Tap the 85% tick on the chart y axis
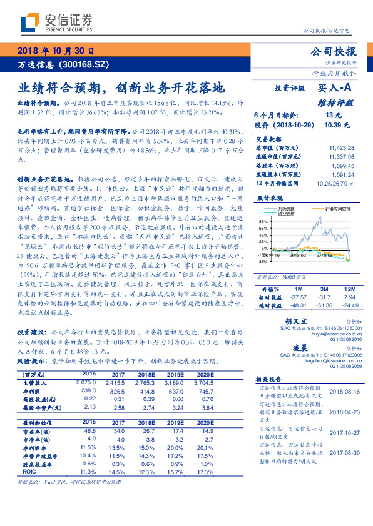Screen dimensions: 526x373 pyautogui.click(x=262, y=222)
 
